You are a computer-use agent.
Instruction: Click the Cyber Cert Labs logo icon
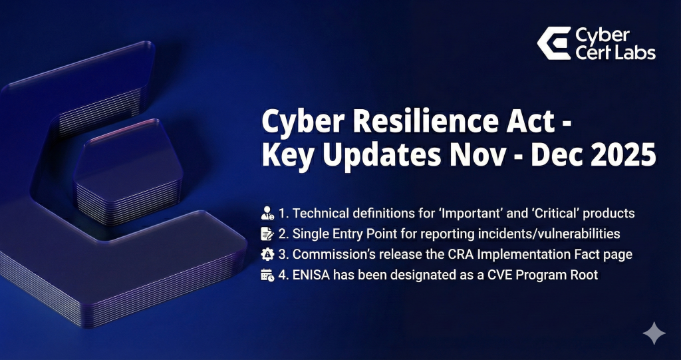(x=554, y=43)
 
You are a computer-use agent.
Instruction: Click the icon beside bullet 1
(x=267, y=213)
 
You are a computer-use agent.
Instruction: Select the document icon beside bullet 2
(x=267, y=234)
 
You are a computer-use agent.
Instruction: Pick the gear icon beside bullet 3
(x=267, y=254)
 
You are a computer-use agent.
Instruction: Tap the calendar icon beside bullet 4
(x=267, y=275)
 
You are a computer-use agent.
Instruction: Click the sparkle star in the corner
(x=654, y=333)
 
